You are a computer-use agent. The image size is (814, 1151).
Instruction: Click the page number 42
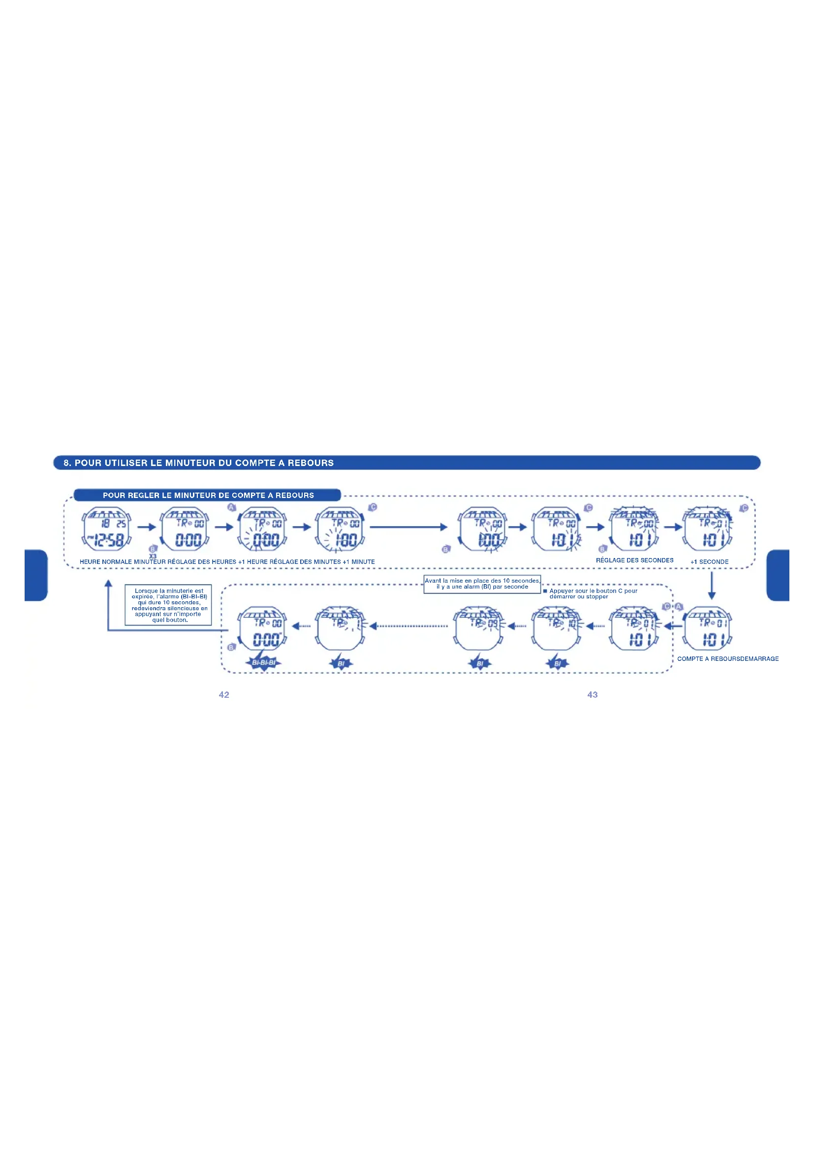224,694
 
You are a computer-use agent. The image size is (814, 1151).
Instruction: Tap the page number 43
593,694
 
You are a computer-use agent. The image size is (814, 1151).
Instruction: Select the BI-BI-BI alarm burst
264,663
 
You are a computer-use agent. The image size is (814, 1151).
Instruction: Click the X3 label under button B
153,556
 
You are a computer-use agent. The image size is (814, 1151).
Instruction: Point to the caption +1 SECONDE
709,562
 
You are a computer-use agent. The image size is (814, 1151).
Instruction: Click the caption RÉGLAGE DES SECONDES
634,560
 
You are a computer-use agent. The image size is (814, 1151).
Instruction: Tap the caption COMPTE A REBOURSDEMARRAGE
728,659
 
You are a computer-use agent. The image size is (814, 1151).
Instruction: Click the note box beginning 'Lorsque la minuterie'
168,605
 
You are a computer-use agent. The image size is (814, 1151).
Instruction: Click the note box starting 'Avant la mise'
482,584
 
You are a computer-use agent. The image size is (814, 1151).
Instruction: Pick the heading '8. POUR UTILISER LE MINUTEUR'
198,463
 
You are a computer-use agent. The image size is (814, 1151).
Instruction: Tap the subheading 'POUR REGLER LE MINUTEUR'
208,496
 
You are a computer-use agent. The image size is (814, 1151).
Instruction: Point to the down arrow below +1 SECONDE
712,586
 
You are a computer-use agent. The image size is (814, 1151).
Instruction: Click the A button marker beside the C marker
679,607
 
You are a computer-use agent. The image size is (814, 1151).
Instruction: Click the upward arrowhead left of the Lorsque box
108,584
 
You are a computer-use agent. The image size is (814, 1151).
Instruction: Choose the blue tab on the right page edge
779,575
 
